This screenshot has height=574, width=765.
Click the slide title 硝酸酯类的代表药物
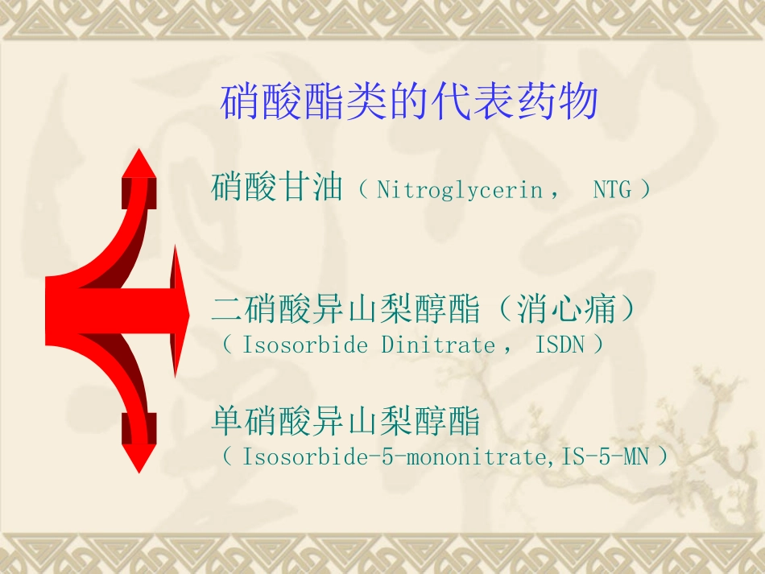409,103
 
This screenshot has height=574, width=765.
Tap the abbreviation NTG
612,190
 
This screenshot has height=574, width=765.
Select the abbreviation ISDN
560,345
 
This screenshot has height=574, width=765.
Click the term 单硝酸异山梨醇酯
346,421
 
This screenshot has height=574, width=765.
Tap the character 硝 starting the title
240,103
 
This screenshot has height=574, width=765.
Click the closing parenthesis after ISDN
597,345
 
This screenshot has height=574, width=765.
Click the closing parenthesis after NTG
643,190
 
